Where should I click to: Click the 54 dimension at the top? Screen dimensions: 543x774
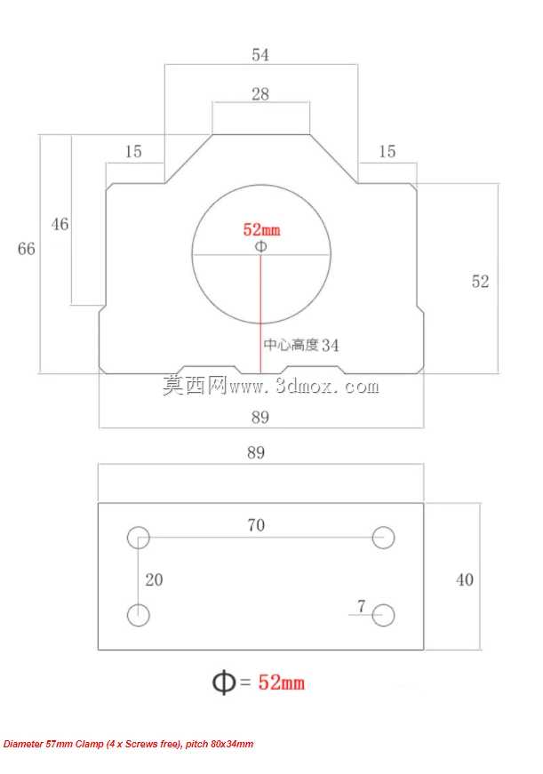click(260, 54)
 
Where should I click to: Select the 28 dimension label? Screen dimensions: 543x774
click(260, 94)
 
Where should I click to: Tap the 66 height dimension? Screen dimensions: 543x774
click(26, 248)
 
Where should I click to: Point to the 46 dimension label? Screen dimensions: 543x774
click(60, 224)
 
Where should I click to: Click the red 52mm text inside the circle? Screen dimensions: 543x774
click(261, 229)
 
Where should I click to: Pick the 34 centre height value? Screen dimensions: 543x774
click(331, 345)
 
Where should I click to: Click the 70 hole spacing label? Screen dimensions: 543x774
click(256, 524)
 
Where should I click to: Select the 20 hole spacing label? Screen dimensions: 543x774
click(154, 579)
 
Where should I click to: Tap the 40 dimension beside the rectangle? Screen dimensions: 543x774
click(465, 579)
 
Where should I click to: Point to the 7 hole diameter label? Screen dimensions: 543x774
click(362, 606)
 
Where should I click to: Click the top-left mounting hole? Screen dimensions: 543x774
click(139, 538)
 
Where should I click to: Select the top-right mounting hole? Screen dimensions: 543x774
click(383, 538)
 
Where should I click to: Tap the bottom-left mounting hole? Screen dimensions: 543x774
click(139, 615)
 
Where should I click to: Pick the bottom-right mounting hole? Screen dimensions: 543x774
click(383, 615)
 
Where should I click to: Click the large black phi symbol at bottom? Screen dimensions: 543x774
click(224, 682)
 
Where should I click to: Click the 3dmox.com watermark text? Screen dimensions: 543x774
click(304, 386)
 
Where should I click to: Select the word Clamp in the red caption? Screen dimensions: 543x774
click(90, 744)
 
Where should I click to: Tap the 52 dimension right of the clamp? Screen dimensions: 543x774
click(480, 282)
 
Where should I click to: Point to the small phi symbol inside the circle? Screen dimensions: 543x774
click(261, 246)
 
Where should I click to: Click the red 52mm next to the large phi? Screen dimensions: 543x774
click(281, 682)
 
